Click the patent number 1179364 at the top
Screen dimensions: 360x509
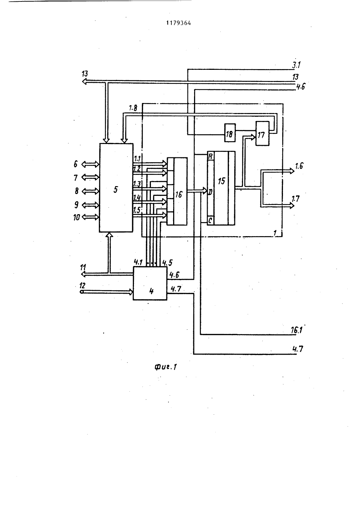[x=179, y=23]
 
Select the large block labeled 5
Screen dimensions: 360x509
[x=116, y=188]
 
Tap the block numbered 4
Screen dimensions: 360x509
[x=150, y=283]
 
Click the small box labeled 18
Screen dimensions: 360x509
[x=230, y=133]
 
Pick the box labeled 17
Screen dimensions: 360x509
[x=262, y=134]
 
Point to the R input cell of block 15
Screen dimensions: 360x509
[x=211, y=156]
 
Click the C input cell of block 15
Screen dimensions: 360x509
[x=211, y=220]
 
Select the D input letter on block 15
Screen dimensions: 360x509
[x=210, y=192]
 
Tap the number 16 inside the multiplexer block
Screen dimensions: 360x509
[x=179, y=194]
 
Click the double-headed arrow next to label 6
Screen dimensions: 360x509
[x=90, y=164]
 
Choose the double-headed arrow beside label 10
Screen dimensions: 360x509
[x=90, y=217]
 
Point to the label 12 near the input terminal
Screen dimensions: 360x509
[x=82, y=285]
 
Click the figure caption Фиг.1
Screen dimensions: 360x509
[x=166, y=367]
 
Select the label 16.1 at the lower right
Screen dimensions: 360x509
[x=297, y=330]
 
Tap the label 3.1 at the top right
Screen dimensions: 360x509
[x=296, y=65]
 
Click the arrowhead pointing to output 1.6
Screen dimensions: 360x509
[x=292, y=170]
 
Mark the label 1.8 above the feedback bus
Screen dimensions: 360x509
[x=133, y=108]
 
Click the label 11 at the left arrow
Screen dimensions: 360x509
[x=83, y=267]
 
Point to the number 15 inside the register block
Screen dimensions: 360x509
[x=221, y=181]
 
